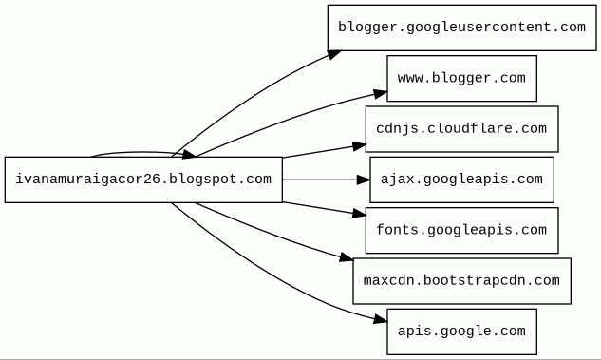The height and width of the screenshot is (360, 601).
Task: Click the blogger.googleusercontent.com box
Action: pos(461,28)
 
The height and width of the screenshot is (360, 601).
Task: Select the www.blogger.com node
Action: pos(461,79)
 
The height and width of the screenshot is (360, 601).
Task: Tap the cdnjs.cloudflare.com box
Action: pos(461,129)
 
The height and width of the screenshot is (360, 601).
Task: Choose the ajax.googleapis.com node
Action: pos(461,180)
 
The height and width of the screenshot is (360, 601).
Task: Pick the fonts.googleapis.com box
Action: pos(461,231)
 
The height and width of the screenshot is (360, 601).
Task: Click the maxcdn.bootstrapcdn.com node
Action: pos(461,281)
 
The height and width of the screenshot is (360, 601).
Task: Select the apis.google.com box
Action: pos(461,332)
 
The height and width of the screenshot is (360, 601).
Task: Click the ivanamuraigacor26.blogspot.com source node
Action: pos(143,180)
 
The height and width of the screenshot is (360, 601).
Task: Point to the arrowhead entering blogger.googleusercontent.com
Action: pos(334,55)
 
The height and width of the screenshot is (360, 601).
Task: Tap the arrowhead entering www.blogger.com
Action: pos(380,94)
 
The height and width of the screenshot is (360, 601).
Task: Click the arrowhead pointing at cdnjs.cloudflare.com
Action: pos(359,146)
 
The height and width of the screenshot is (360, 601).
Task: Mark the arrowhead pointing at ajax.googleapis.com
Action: pos(364,180)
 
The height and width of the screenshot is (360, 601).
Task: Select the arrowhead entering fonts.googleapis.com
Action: pos(359,214)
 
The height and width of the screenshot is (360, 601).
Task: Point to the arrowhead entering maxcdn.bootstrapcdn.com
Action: pos(347,256)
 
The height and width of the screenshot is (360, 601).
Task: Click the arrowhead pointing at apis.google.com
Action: pos(380,319)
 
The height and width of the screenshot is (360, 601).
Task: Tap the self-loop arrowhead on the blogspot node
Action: pos(189,154)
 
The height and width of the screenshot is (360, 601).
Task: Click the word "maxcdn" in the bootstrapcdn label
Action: pos(388,281)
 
